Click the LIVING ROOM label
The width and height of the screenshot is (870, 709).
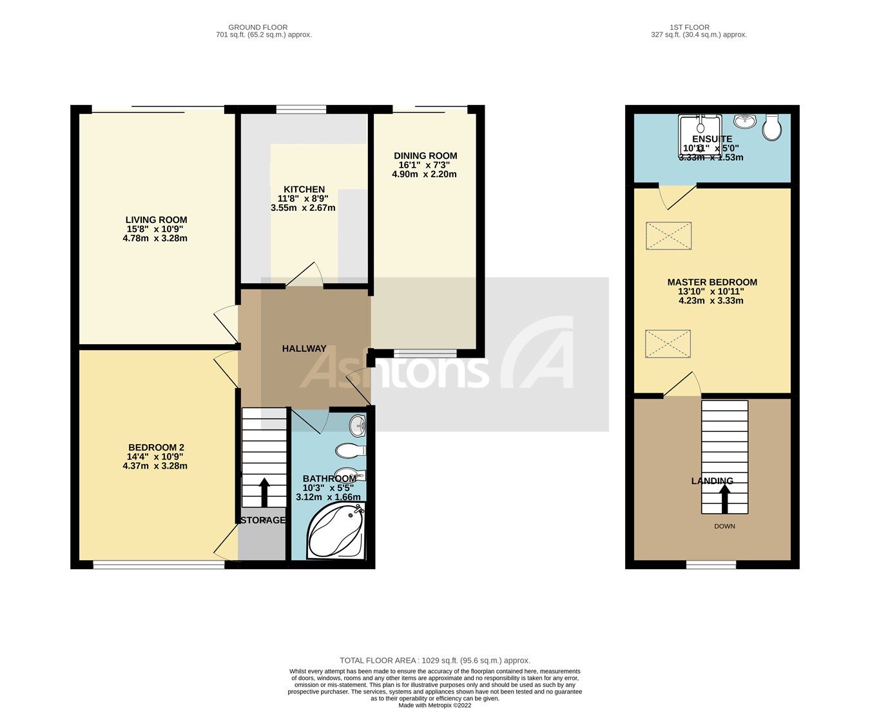(156, 220)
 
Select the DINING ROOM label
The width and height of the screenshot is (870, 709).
(425, 155)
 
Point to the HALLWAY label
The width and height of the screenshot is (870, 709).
(304, 349)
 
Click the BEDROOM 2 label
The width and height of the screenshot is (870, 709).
(156, 447)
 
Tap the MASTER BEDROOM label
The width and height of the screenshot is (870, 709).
(712, 282)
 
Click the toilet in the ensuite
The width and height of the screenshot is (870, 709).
(771, 127)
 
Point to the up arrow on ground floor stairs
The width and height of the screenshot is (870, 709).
(264, 492)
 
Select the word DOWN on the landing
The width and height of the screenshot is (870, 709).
(724, 527)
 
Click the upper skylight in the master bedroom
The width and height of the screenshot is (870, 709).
(668, 235)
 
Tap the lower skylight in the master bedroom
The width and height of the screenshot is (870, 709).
(668, 344)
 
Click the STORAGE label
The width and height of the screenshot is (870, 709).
(262, 520)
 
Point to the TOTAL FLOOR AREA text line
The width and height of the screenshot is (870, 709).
(435, 661)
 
